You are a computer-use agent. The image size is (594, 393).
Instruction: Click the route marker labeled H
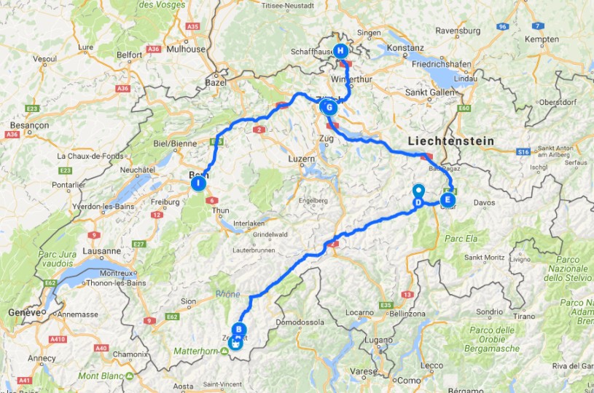(x=340, y=50)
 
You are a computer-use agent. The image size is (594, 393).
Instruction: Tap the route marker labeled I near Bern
(x=198, y=184)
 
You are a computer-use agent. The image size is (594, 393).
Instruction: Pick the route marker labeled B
(x=239, y=329)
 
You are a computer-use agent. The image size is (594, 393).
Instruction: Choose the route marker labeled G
(x=329, y=108)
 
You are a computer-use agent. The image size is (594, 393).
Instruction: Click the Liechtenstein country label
(x=450, y=140)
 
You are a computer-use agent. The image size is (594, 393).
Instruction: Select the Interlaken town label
(x=251, y=223)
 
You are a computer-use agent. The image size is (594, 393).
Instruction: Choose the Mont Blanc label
(x=102, y=376)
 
